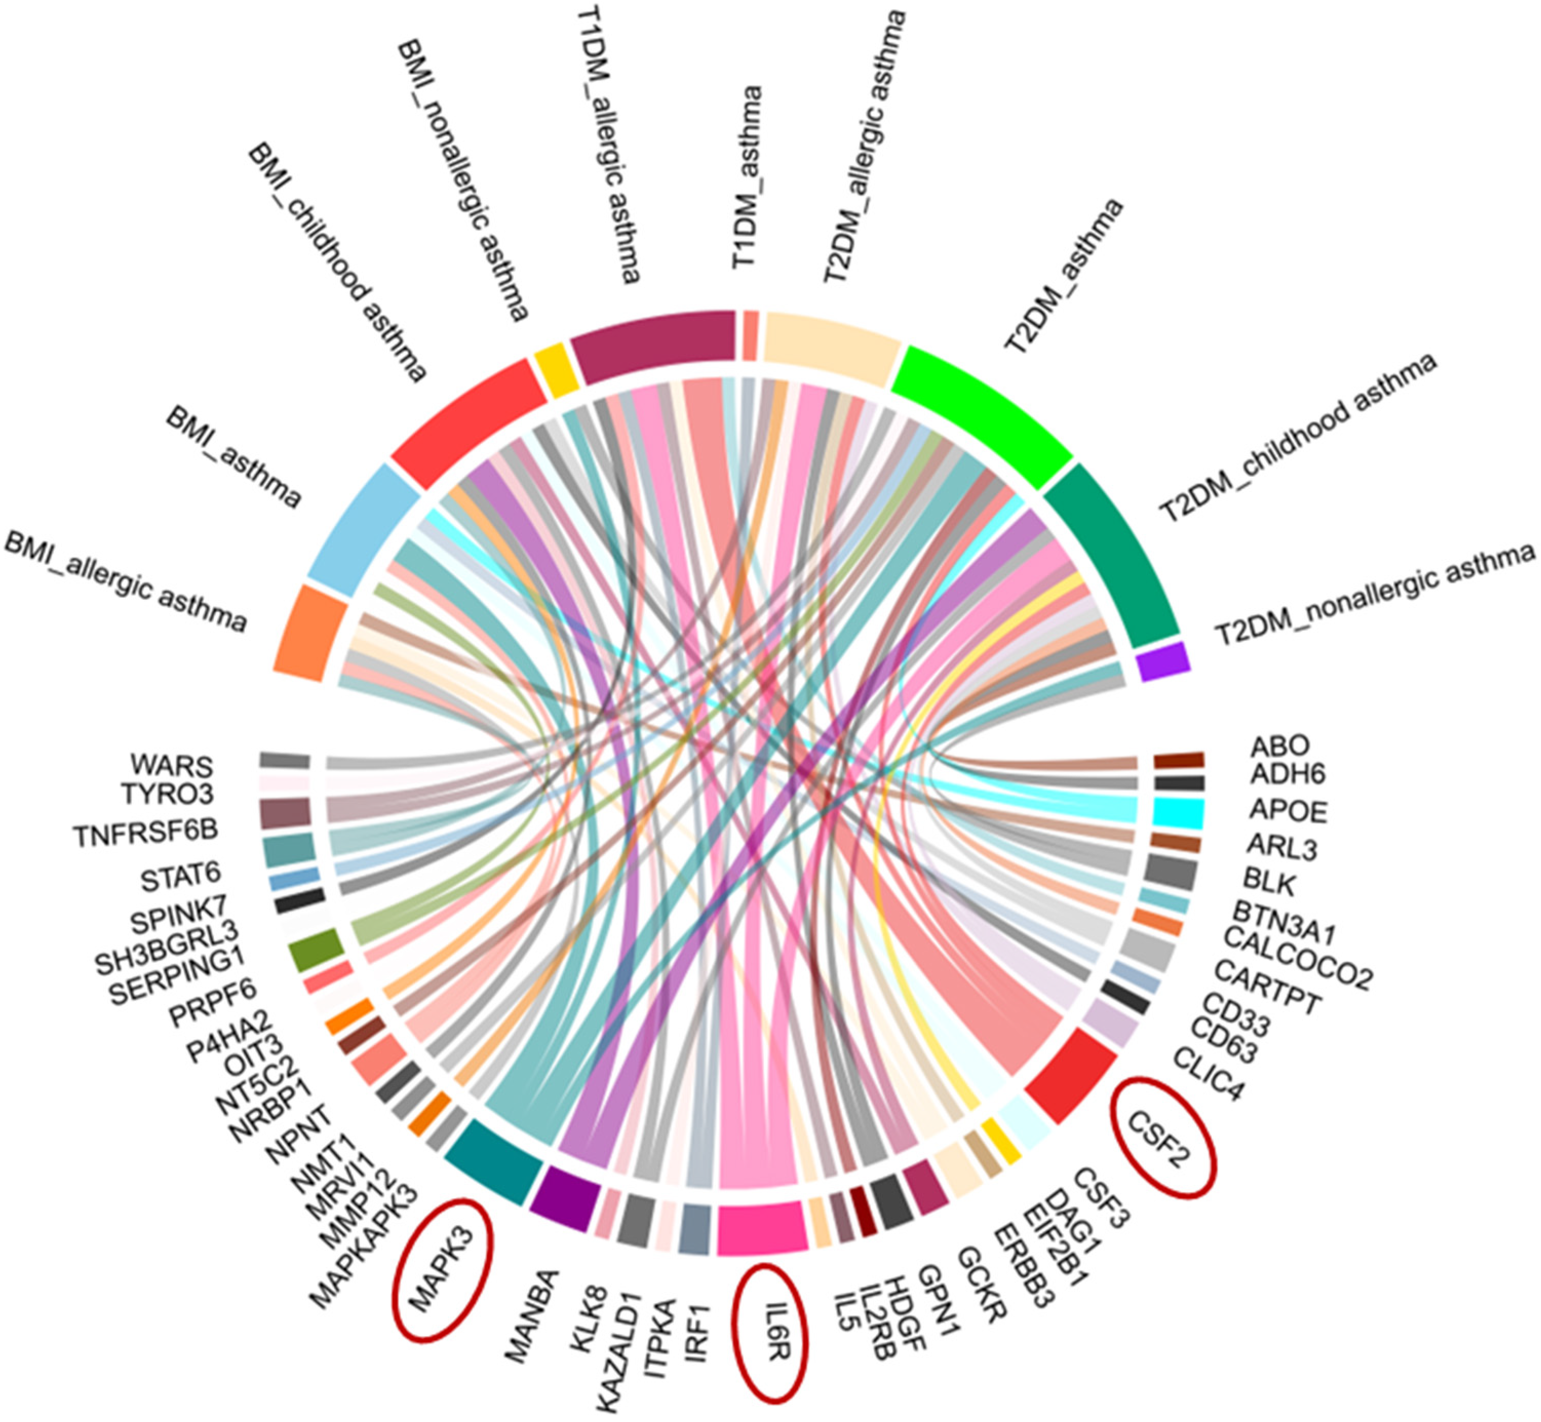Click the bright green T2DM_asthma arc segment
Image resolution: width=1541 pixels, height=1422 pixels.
pos(981,412)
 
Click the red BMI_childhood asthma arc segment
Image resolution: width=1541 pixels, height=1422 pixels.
pos(470,423)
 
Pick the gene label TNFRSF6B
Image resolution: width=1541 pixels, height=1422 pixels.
pos(146,833)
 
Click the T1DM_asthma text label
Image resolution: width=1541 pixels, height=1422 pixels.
pos(746,177)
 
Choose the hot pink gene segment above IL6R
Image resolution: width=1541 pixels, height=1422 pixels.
pos(762,1229)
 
